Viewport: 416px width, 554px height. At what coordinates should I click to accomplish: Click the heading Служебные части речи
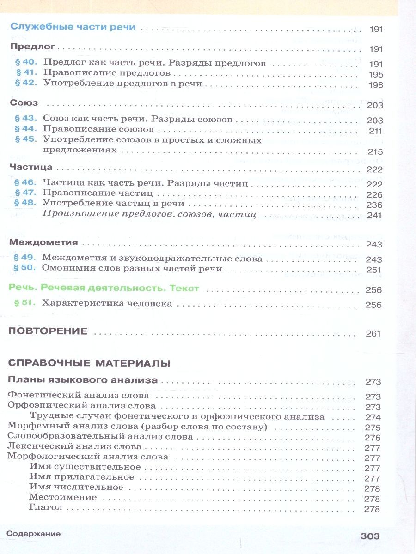73,27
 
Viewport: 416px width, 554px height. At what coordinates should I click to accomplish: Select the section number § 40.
26,62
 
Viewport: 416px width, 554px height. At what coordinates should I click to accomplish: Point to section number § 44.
26,130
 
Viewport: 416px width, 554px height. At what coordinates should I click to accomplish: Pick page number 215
375,151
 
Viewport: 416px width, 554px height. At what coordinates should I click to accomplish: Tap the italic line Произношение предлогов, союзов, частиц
149,214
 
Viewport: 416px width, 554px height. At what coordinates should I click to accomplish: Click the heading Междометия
43,243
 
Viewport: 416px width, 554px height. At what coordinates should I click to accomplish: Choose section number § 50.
25,268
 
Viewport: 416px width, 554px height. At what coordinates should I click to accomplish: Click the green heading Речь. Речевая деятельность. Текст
104,289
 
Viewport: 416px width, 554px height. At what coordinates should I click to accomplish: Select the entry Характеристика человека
107,303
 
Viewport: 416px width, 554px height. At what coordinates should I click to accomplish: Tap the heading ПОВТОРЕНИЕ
48,331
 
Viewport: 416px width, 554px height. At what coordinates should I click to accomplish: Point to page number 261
373,334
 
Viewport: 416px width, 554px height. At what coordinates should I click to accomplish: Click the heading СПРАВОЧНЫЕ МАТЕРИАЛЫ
90,363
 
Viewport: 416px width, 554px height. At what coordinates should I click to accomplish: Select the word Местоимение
63,498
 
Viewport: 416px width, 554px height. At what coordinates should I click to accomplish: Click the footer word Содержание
34,534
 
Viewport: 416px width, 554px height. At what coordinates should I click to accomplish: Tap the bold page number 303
370,536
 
